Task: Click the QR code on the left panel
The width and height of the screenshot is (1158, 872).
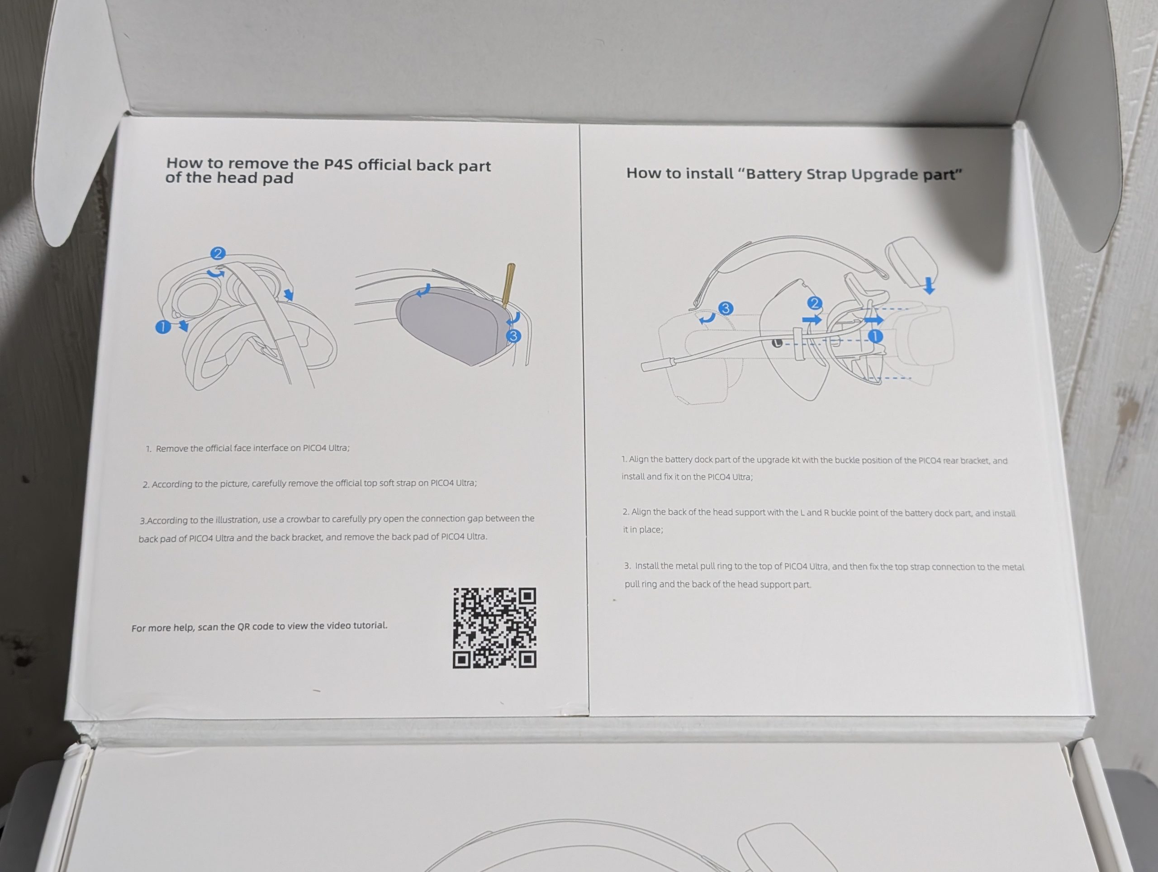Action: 495,628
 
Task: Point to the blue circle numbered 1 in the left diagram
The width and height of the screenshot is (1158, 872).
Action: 163,327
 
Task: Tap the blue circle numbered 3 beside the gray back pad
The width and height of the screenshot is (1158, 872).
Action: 513,336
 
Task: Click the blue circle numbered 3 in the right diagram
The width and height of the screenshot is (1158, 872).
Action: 725,309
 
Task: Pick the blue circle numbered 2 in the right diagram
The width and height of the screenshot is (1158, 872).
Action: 814,303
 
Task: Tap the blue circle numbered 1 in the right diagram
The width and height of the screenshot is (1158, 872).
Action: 875,336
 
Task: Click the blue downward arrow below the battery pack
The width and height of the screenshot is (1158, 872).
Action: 929,286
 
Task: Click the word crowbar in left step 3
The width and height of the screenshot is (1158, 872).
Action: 299,519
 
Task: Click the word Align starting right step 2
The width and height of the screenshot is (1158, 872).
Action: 641,512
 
